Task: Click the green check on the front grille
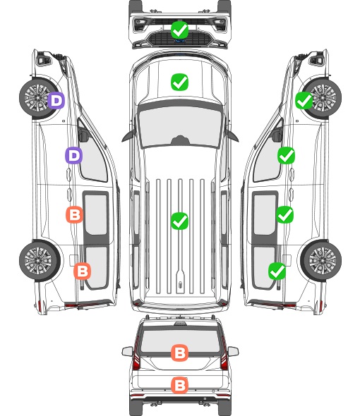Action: click(179, 30)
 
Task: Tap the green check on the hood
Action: click(179, 82)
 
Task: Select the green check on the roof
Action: click(179, 221)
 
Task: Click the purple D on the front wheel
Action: click(56, 100)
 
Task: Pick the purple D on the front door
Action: click(74, 155)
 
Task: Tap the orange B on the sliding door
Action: click(74, 214)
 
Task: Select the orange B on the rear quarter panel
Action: click(82, 271)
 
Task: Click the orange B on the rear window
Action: click(179, 353)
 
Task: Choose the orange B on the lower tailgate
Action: click(179, 385)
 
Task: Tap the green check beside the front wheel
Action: click(304, 101)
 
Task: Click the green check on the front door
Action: click(286, 156)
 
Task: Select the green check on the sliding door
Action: click(284, 214)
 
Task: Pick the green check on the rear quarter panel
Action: click(277, 271)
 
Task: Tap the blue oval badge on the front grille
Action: click(180, 41)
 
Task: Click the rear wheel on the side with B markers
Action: click(40, 261)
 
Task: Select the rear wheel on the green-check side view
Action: click(321, 261)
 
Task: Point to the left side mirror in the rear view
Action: click(127, 352)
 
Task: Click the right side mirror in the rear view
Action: click(233, 352)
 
